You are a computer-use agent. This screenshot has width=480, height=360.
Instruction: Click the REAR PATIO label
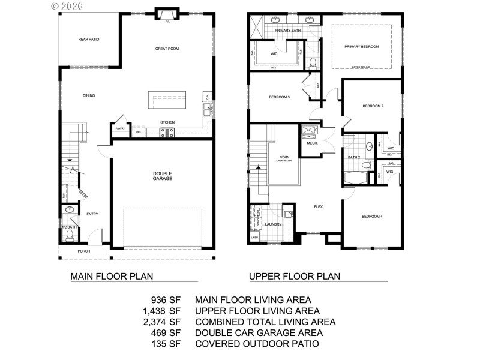pos(88,40)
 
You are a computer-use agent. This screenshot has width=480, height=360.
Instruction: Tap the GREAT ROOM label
pos(167,49)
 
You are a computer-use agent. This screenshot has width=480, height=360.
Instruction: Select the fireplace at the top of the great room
pos(166,15)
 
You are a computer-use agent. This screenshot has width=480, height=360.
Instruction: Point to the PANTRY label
pos(119,128)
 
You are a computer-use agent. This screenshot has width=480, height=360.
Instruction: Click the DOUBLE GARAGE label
pos(163,176)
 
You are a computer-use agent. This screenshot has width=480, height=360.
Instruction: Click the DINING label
pos(89,95)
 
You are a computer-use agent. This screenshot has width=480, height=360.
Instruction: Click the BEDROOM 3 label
pos(279,97)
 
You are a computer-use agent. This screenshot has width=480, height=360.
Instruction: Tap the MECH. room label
pos(312,143)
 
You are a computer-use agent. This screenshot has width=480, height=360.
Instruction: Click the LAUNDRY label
pos(273,224)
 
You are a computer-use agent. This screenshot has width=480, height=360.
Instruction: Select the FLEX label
pos(319,206)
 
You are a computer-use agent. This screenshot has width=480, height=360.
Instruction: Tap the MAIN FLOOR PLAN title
pos(112,277)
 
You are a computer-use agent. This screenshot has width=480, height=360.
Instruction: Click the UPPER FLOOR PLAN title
pos(295,277)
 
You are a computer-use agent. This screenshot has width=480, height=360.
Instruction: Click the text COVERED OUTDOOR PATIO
pos(257,344)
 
